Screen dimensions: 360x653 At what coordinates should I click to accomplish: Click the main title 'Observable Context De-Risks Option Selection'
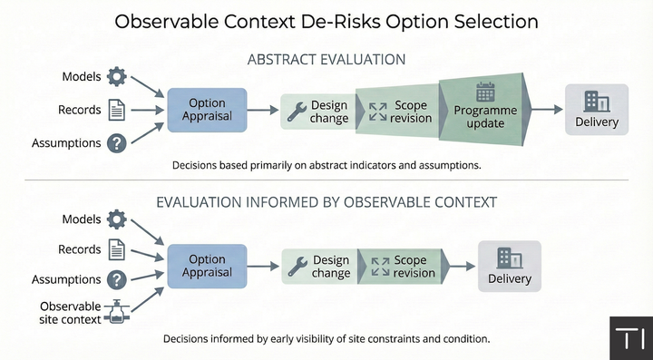click(x=326, y=21)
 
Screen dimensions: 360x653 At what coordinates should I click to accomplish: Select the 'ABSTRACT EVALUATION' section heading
click(x=326, y=60)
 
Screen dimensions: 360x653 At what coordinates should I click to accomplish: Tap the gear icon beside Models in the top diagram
click(x=116, y=77)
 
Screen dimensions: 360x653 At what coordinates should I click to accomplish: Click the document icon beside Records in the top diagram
click(x=116, y=110)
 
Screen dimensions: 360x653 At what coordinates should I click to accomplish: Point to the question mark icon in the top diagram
click(x=116, y=143)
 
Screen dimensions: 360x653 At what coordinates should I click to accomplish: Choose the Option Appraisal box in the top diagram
click(x=207, y=110)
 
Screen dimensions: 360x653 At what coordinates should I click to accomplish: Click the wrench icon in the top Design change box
click(x=296, y=111)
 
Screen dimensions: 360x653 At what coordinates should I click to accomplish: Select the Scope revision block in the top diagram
click(x=397, y=111)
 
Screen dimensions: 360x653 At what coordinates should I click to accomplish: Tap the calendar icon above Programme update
click(x=485, y=92)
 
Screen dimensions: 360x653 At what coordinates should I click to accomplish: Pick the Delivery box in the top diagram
click(x=596, y=110)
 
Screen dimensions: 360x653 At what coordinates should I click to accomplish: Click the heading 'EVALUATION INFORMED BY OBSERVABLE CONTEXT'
click(x=326, y=202)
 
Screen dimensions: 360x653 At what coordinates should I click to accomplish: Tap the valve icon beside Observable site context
click(x=116, y=312)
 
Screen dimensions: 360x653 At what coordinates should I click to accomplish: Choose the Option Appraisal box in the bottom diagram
click(x=207, y=266)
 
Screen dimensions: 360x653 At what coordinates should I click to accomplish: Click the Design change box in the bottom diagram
click(x=318, y=267)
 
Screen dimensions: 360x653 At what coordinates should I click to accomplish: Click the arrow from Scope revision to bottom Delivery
click(x=460, y=267)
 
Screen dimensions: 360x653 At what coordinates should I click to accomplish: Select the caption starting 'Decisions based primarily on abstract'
click(x=326, y=166)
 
